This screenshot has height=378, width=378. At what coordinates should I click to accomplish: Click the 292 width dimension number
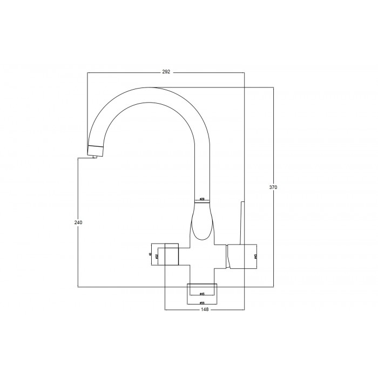166,72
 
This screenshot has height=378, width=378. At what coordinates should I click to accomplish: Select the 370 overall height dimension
273,187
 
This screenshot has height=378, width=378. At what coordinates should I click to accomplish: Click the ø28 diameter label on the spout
201,199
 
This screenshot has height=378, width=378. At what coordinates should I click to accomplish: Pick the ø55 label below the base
201,303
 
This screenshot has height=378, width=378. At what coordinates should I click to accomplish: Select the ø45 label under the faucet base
201,294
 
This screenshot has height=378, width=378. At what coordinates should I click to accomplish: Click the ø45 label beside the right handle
255,256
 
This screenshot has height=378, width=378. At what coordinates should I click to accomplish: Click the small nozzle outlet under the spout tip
94,156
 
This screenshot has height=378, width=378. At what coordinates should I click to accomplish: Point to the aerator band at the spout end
96,148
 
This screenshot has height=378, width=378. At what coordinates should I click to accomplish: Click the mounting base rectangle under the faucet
201,290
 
